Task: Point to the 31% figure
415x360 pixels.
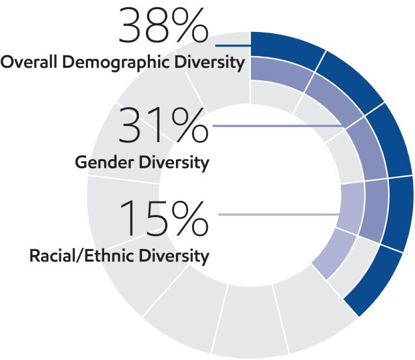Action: [164, 127]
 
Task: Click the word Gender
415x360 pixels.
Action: [99, 162]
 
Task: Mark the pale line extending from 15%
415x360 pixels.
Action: [280, 214]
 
